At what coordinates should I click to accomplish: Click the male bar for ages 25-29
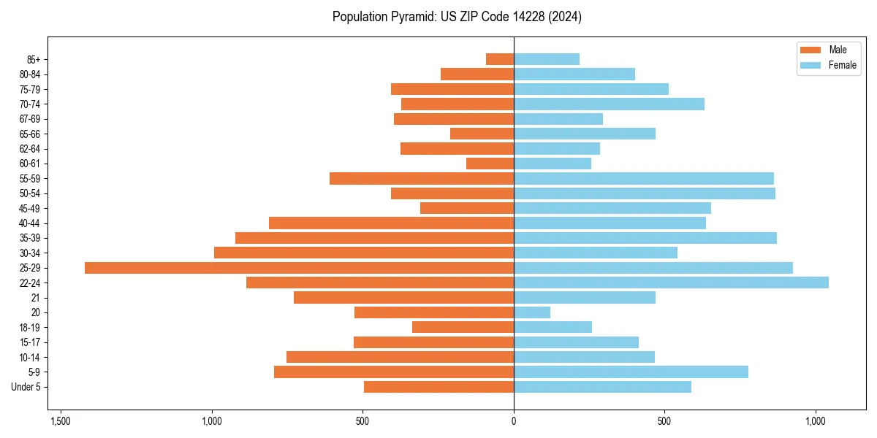point(299,268)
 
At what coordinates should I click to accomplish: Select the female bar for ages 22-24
point(671,283)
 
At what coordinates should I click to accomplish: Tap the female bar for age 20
point(532,312)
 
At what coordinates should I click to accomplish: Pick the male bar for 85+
point(500,59)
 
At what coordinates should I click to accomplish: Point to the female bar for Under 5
point(602,387)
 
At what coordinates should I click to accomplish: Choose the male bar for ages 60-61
point(490,164)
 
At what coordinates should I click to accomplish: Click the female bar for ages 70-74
point(609,104)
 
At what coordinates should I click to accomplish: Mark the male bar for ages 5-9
point(394,372)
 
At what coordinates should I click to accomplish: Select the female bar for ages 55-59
point(643,179)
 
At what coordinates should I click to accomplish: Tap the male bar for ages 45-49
point(467,208)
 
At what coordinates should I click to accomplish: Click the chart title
point(457,17)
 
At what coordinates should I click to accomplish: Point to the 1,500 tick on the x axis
point(61,421)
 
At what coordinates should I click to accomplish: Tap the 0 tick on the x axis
point(514,421)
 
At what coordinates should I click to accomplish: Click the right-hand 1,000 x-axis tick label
point(816,421)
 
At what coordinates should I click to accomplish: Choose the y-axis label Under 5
point(26,387)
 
